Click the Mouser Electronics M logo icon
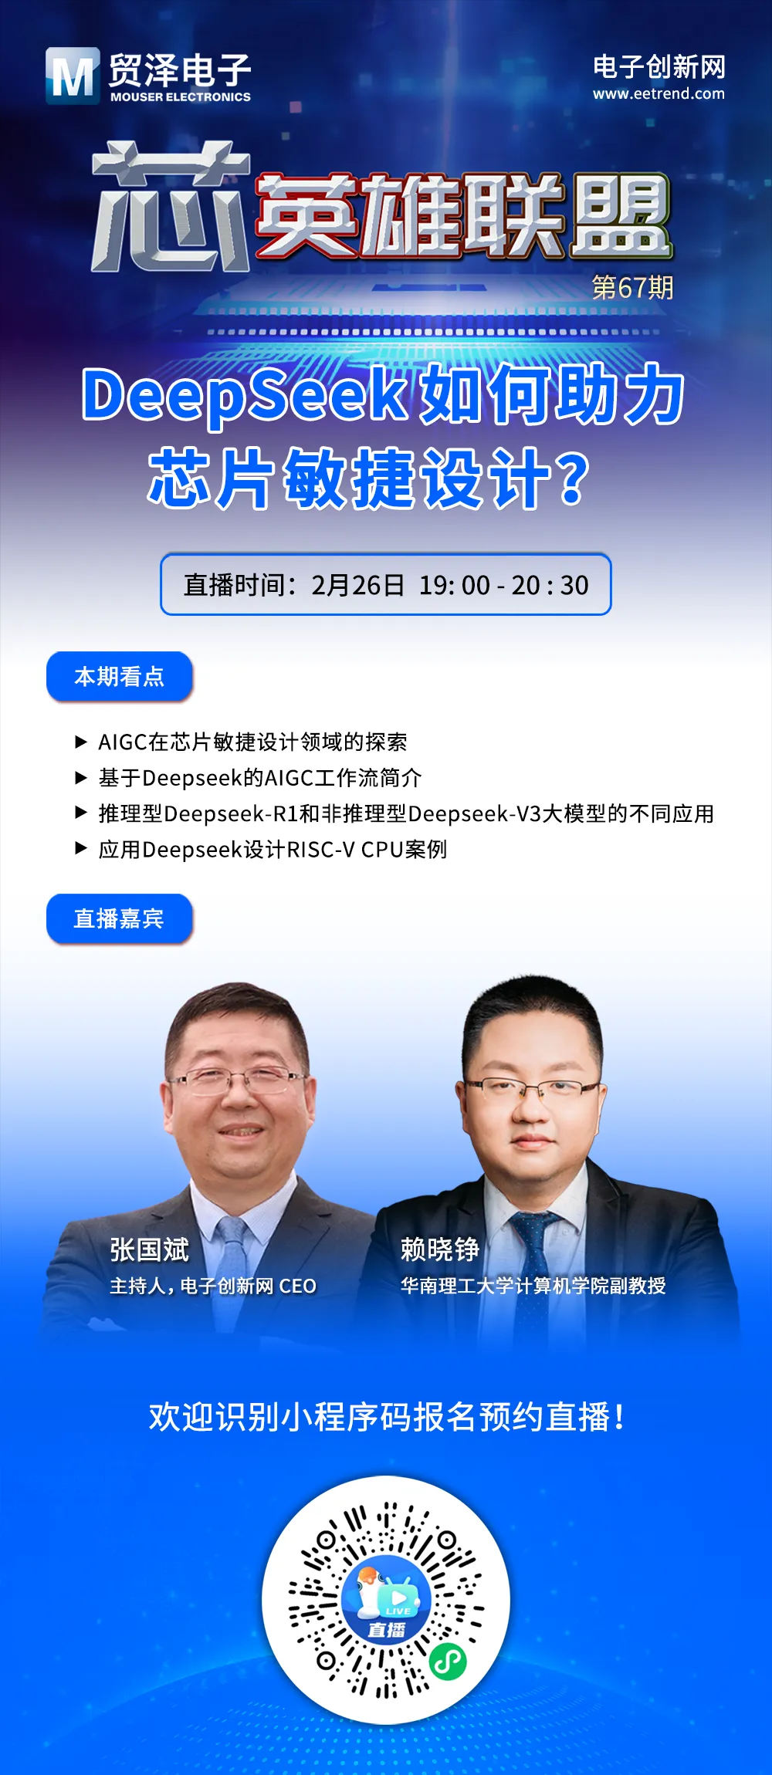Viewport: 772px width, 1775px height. coord(73,76)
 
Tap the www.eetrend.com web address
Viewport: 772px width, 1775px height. coord(659,94)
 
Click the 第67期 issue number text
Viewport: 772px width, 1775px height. coord(632,287)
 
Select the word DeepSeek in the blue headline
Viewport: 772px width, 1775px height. coord(245,394)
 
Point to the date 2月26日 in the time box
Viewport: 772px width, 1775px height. coord(357,585)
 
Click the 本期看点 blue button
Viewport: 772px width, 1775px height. coord(120,677)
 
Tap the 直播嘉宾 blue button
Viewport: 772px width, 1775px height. coord(120,918)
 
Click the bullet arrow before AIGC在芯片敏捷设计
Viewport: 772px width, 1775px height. coord(81,742)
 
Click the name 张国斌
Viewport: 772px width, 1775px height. coord(149,1249)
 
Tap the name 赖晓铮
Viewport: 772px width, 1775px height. coord(440,1249)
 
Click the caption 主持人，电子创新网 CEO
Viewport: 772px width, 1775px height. coord(213,1286)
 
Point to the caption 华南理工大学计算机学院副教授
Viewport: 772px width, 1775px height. coord(533,1285)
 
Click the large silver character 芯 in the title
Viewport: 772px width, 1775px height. coord(171,206)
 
